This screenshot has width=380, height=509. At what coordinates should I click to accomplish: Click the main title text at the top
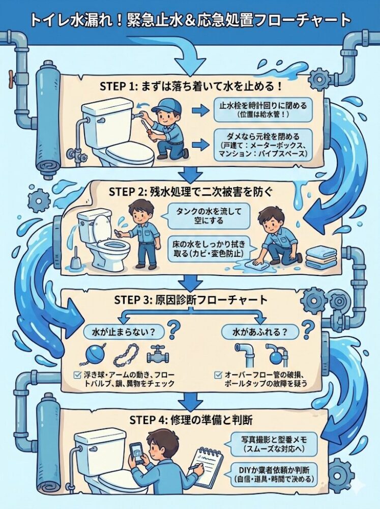pos(190,19)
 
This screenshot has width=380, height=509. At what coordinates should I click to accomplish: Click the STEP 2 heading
pos(190,192)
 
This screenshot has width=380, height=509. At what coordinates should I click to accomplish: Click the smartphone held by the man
pos(137,451)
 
